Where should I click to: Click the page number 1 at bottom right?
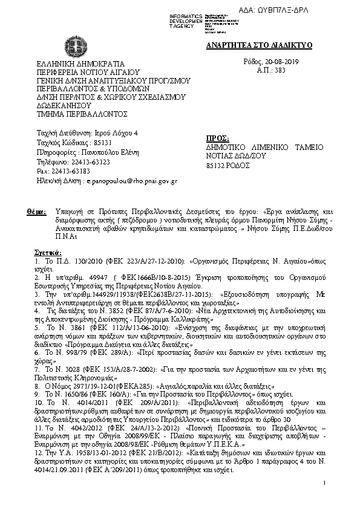coord(324,482)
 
